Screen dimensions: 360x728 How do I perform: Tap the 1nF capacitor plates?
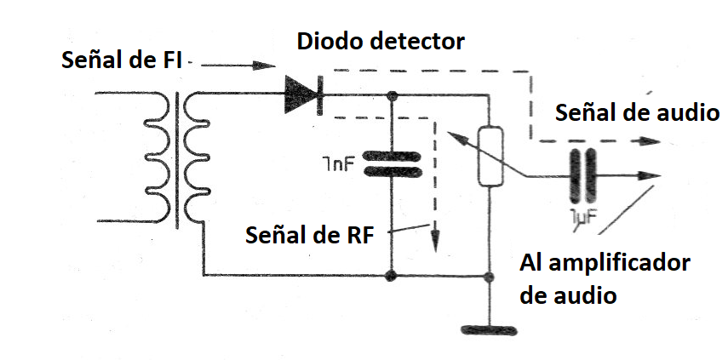392,164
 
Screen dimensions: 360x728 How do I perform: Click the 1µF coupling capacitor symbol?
582,176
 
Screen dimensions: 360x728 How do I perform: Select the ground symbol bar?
489,328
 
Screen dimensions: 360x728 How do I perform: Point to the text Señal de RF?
308,234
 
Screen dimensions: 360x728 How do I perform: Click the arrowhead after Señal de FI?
265,65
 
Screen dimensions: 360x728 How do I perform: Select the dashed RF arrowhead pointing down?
435,241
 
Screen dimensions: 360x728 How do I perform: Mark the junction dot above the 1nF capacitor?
392,95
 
